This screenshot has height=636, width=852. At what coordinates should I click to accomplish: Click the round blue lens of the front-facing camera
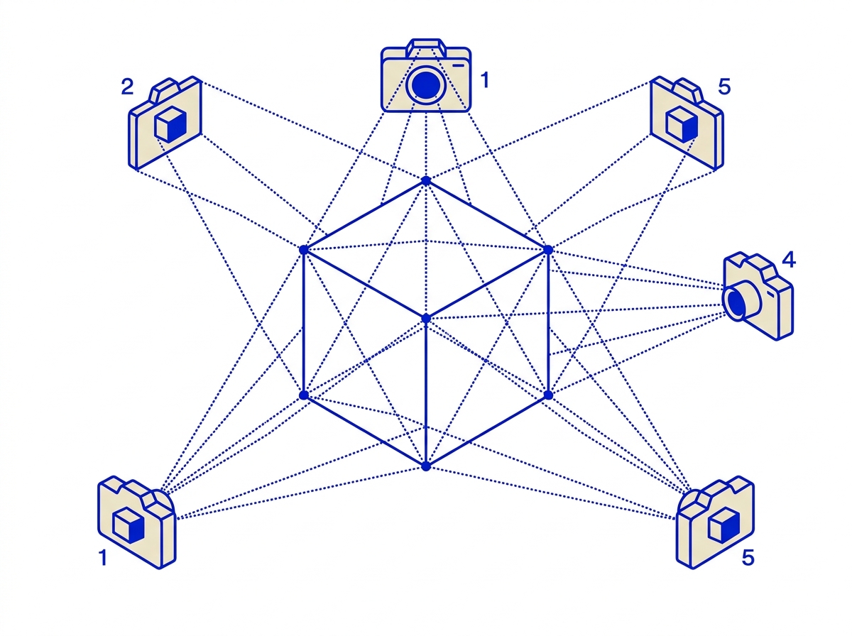[426, 85]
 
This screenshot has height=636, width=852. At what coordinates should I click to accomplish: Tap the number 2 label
[127, 87]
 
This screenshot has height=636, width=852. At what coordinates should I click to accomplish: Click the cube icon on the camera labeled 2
[171, 124]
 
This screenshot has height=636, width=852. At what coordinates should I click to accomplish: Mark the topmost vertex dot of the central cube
[426, 181]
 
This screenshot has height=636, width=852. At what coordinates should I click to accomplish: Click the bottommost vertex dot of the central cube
[426, 466]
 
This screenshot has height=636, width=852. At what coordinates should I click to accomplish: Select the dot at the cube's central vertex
[426, 319]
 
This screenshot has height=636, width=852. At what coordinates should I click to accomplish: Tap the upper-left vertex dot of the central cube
[304, 250]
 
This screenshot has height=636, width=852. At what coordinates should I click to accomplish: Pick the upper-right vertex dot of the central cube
[547, 250]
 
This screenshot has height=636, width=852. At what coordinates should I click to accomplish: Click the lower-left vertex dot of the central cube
[304, 395]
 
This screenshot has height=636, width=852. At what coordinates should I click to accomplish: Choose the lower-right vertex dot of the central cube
[547, 395]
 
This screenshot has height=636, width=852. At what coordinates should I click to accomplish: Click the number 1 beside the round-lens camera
[485, 80]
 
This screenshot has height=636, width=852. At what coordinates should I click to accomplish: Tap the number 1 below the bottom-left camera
[103, 558]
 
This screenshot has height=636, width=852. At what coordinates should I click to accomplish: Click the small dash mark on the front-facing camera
[459, 65]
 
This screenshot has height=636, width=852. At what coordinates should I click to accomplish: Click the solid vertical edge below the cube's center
[426, 393]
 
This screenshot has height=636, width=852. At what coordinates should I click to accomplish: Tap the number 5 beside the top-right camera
[724, 87]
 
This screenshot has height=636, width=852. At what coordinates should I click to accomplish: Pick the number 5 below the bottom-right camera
[748, 558]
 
